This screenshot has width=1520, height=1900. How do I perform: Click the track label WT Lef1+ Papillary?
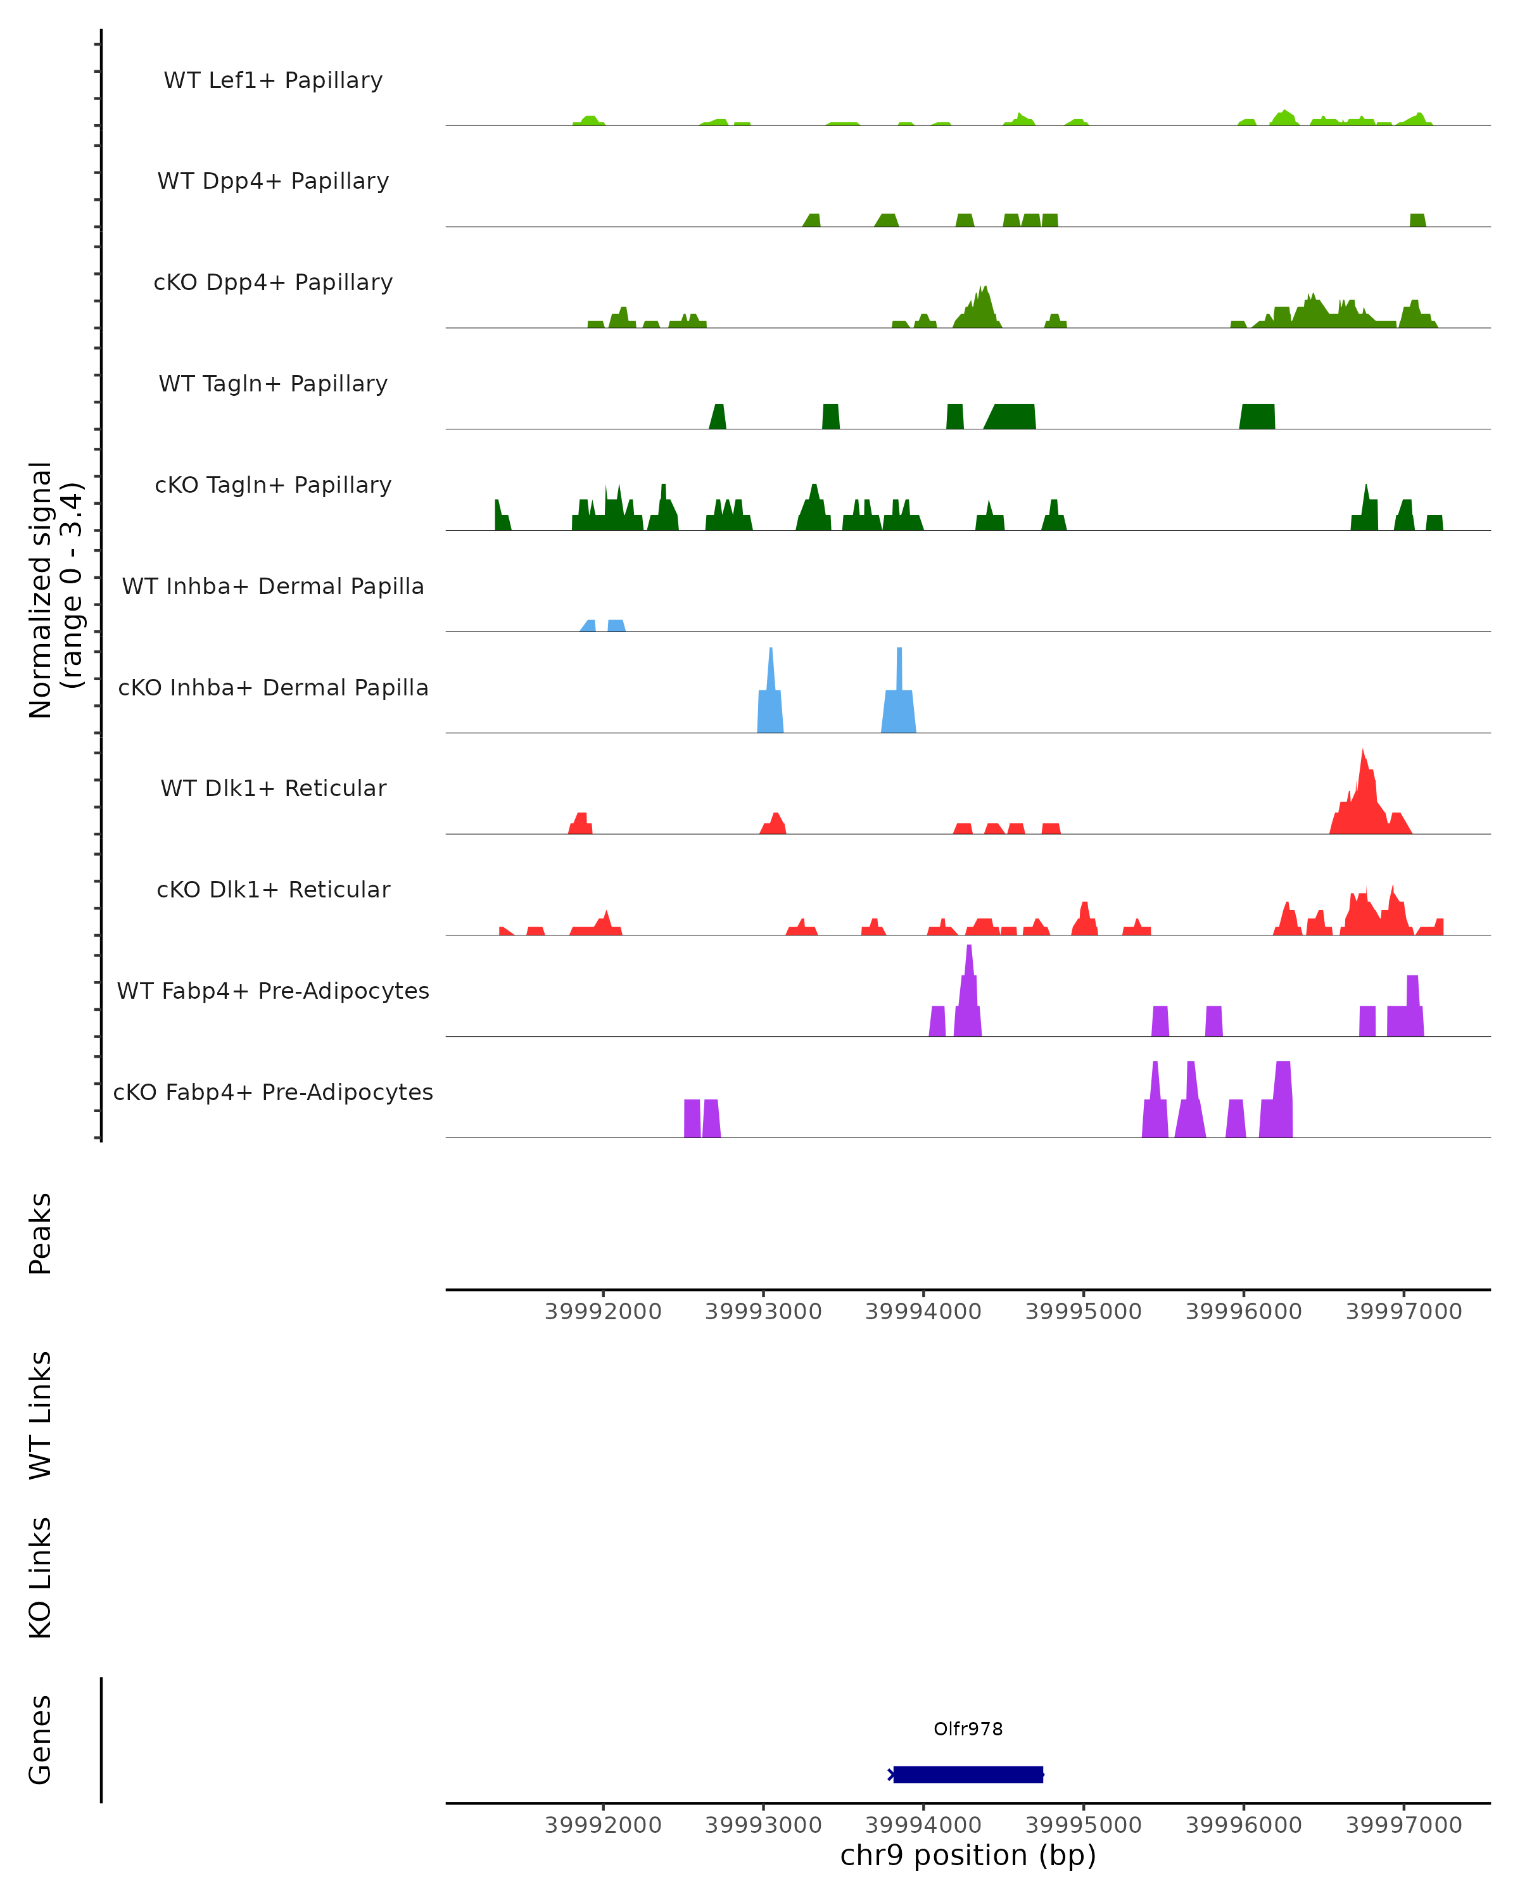pos(273,80)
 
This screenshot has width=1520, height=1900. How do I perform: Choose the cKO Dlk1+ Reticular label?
pos(273,889)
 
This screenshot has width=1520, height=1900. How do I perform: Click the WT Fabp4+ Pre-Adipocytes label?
pos(273,991)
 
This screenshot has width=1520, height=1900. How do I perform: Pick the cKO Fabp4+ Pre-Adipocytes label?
pos(273,1092)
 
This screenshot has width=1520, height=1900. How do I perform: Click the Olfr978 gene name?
pos(968,1728)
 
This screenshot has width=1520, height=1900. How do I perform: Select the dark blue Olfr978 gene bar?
pos(968,1774)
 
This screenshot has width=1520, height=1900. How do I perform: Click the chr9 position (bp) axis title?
pos(968,1855)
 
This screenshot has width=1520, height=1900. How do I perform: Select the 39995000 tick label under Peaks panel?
pos(1083,1312)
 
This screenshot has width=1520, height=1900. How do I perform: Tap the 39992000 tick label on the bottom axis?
pos(603,1825)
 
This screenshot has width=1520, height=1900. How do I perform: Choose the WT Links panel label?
pos(41,1414)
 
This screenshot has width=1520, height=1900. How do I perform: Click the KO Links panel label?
pos(41,1578)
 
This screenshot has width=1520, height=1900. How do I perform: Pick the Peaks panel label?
pos(41,1233)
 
